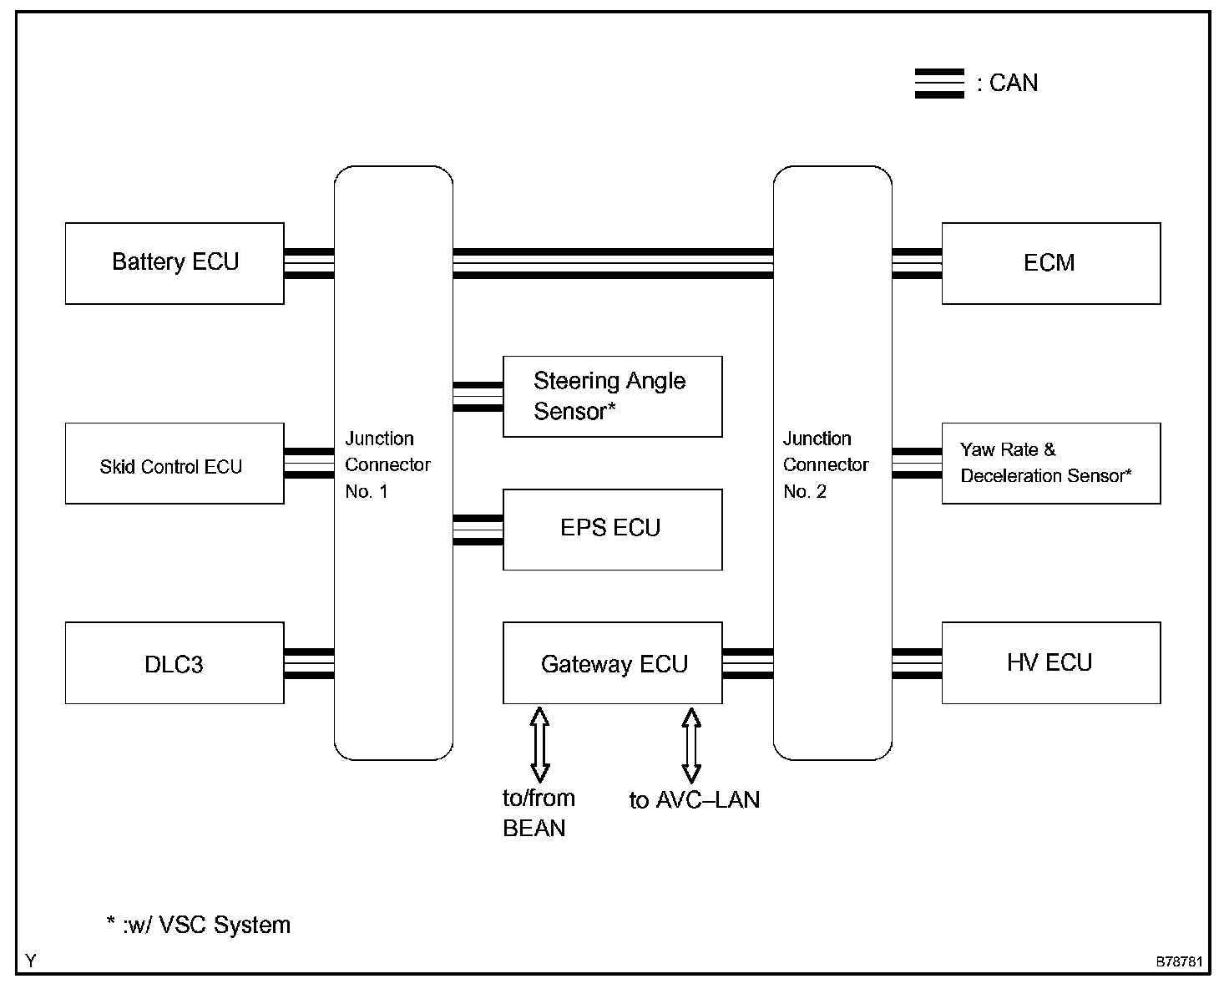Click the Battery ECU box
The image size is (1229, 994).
tap(174, 263)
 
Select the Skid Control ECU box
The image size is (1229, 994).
tap(174, 464)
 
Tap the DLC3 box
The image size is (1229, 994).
tap(174, 663)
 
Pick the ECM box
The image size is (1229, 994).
tap(1050, 263)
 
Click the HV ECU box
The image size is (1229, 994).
tap(1050, 663)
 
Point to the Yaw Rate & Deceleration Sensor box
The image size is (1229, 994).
tap(1050, 464)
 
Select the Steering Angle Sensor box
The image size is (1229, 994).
tap(612, 397)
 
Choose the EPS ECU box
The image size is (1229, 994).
tap(612, 530)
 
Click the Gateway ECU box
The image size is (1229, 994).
tap(612, 663)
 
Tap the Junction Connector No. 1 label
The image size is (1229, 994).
tap(387, 464)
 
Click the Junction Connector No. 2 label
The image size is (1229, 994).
tap(826, 464)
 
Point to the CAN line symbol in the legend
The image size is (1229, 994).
tap(939, 84)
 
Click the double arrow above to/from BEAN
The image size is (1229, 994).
tap(539, 743)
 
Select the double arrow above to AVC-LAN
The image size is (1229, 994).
tap(691, 743)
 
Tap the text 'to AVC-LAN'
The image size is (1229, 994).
tap(694, 800)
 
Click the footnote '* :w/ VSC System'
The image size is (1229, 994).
tap(199, 926)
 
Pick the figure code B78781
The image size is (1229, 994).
tap(1179, 962)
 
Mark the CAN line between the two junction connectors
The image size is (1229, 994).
tap(613, 263)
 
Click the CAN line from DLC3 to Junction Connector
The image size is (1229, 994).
tap(309, 664)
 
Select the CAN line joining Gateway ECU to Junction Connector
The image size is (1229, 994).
tap(747, 664)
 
